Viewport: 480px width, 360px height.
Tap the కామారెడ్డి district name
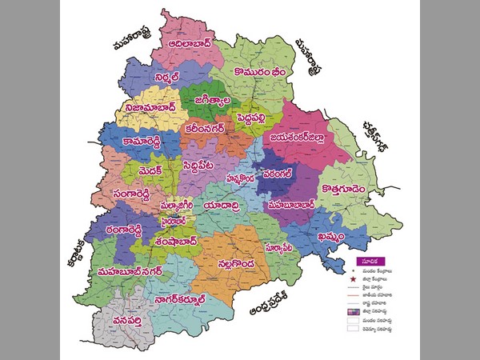(142, 140)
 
